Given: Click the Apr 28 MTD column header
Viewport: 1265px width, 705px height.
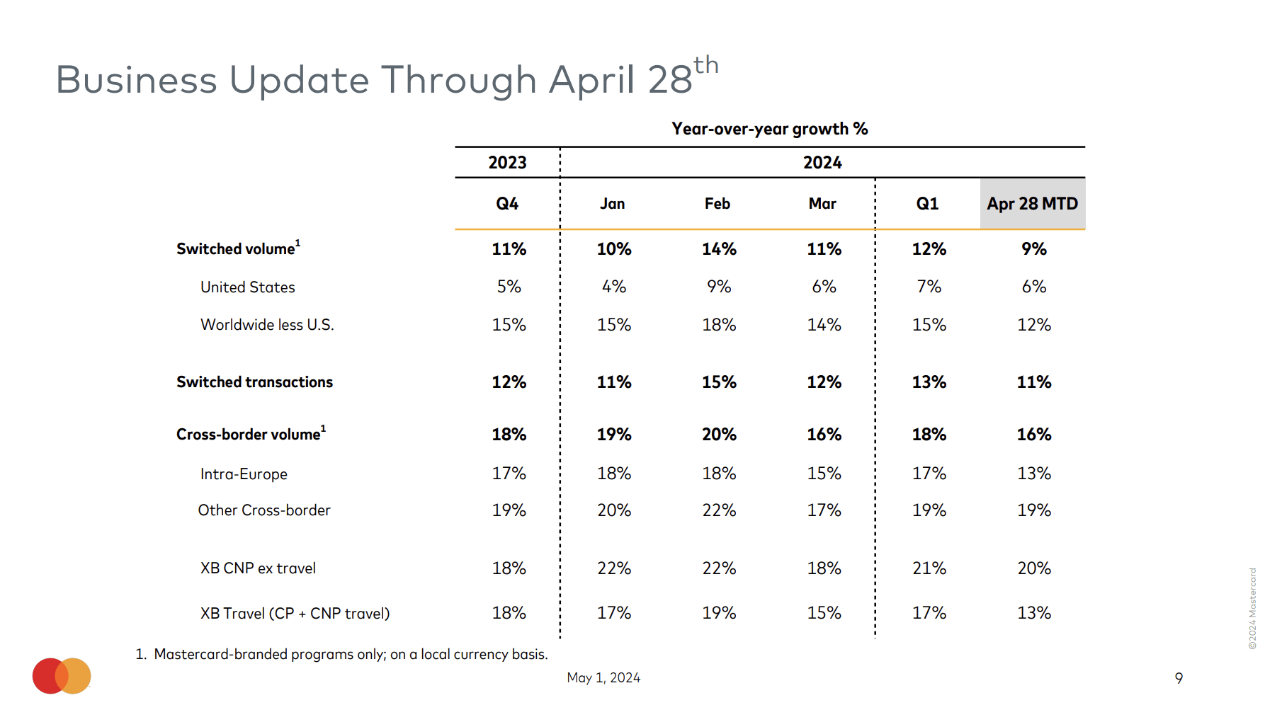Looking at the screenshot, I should pos(1032,204).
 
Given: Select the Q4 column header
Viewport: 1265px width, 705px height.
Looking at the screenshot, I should pos(507,204).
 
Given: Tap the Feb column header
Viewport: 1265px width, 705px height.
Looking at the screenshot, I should pos(717,204).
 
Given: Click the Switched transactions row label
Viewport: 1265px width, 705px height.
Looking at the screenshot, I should pos(254,382).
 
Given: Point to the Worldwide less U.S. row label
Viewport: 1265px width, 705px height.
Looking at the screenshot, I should pos(267,325).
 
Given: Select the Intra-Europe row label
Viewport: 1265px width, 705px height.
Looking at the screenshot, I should pos(244,474).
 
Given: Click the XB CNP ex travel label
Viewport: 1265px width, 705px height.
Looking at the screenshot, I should pos(258,568).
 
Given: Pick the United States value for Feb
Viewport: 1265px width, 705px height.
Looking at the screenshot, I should pos(719,287).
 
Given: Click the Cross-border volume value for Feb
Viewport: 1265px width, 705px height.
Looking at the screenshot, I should pos(719,435).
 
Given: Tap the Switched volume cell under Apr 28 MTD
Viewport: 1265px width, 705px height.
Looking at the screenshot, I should pos(1033,249).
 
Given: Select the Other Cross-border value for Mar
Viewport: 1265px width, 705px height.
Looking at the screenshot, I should pos(824,510).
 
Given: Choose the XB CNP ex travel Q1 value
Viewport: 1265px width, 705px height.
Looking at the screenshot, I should pos(929,568).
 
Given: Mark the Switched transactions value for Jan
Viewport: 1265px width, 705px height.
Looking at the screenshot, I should pos(613,382).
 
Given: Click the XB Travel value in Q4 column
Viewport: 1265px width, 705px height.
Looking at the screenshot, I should pos(509,613).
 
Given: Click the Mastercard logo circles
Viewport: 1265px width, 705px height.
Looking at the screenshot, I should pos(62,676).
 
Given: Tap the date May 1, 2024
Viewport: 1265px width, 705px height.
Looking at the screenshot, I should pos(603,678).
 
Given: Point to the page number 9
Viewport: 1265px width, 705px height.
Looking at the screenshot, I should pos(1179,678).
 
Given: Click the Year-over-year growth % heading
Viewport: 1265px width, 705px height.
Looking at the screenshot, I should pos(769,129).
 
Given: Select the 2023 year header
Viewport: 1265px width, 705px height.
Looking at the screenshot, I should pos(507,163).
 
